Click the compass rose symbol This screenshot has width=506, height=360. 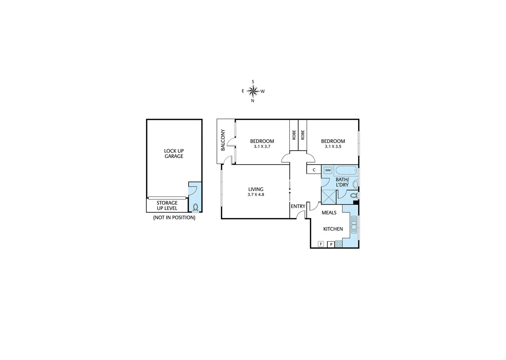click(253, 91)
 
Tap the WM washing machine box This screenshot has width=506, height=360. click(328, 170)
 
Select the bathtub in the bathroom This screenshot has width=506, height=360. click(346, 171)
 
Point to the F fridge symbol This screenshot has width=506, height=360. click(321, 244)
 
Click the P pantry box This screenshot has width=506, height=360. click(331, 244)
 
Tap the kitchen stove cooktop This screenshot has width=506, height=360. click(338, 244)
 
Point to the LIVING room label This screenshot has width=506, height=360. click(256, 189)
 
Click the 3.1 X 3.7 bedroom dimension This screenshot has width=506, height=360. click(262, 146)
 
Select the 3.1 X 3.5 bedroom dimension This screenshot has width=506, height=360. click(333, 146)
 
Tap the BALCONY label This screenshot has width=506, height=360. click(223, 140)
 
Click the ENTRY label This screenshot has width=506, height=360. click(298, 206)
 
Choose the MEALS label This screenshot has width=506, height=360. click(329, 213)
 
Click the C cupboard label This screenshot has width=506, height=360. click(314, 170)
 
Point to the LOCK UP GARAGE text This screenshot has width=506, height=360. click(174, 153)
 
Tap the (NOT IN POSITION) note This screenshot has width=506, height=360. click(174, 218)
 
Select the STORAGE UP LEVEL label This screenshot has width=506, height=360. click(167, 205)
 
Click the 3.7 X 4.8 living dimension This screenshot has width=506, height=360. click(256, 195)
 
